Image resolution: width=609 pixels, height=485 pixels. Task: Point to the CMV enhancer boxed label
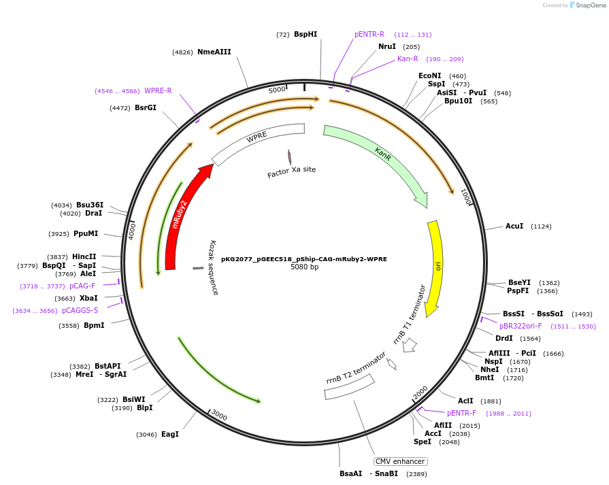pos(400,461)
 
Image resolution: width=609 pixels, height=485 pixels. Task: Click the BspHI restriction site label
pos(306,34)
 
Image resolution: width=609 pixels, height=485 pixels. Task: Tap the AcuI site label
pos(514,226)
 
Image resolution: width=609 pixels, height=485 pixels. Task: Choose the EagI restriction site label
pos(170,434)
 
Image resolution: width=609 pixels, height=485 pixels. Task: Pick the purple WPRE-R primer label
pos(158,90)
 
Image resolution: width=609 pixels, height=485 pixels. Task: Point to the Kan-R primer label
pos(408,58)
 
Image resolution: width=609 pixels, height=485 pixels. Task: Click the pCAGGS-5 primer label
pos(80,310)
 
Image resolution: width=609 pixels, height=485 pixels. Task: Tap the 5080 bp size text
pos(304,267)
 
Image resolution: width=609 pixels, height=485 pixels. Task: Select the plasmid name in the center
pos(304,258)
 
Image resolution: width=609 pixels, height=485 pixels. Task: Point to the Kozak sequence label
pos(214,267)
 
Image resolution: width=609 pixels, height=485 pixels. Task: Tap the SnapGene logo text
pos(590,5)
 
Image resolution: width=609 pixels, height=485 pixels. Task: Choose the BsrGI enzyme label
pos(145,107)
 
